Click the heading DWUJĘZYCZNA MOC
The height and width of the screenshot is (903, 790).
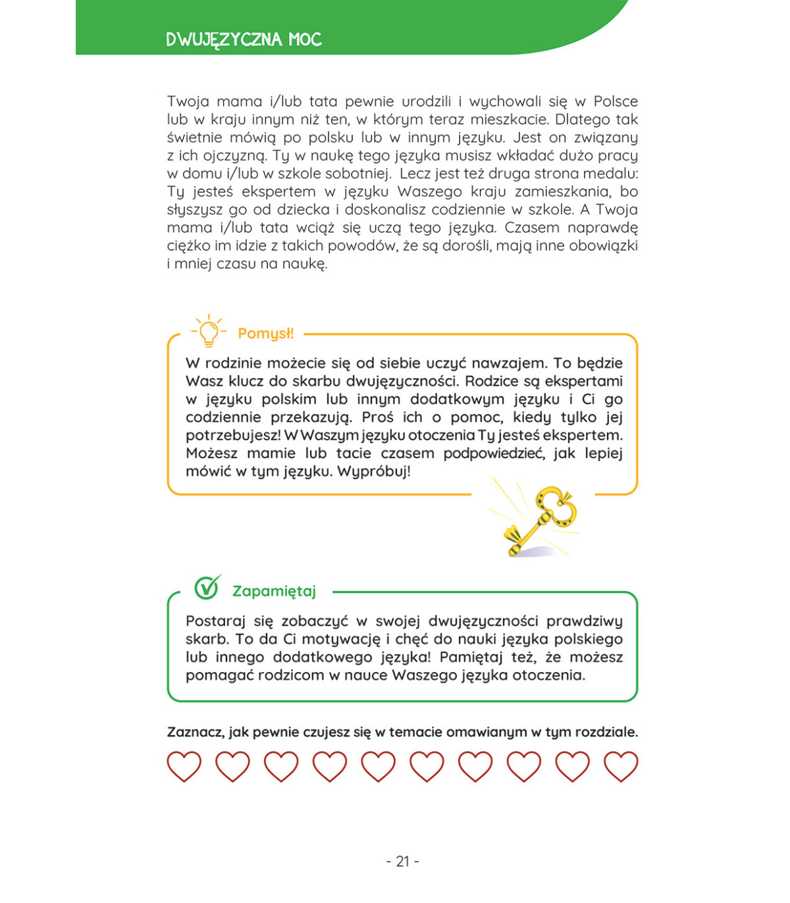244,39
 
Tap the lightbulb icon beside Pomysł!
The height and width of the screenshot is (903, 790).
209,331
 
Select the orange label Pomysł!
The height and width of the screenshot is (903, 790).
266,334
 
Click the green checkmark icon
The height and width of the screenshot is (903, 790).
207,587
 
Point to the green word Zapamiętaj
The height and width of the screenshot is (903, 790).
274,591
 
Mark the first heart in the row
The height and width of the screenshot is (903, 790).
184,766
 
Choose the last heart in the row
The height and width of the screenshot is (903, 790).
621,766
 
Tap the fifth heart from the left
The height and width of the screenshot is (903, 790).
378,766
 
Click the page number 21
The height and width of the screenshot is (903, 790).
402,861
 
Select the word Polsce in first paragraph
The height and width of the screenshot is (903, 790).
616,101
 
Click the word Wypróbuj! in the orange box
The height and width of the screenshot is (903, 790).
373,471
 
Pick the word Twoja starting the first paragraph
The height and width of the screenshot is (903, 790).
188,101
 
